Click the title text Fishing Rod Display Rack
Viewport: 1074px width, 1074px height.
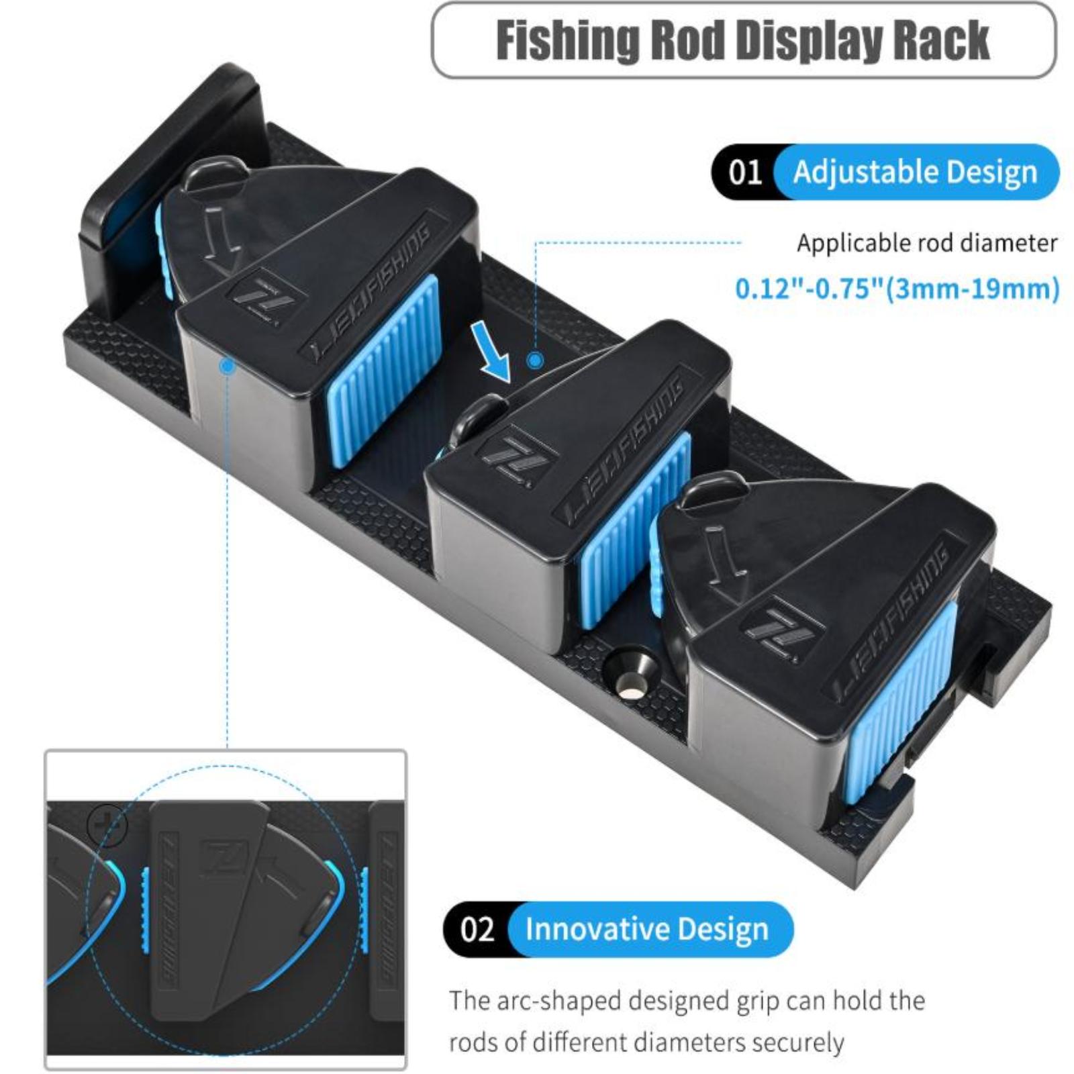coord(742,40)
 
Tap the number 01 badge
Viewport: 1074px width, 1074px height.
coord(745,173)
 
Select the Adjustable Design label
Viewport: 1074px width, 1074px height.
coord(915,173)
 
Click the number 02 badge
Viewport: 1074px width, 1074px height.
coord(477,930)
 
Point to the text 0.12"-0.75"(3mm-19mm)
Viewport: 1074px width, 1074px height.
coord(897,289)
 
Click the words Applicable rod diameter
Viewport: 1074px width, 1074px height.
coord(927,243)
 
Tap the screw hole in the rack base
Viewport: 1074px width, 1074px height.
coord(630,677)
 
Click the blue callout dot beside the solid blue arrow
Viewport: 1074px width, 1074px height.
coord(535,360)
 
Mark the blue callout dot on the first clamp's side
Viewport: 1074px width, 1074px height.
coord(228,366)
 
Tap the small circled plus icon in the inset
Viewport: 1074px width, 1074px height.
coord(107,823)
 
